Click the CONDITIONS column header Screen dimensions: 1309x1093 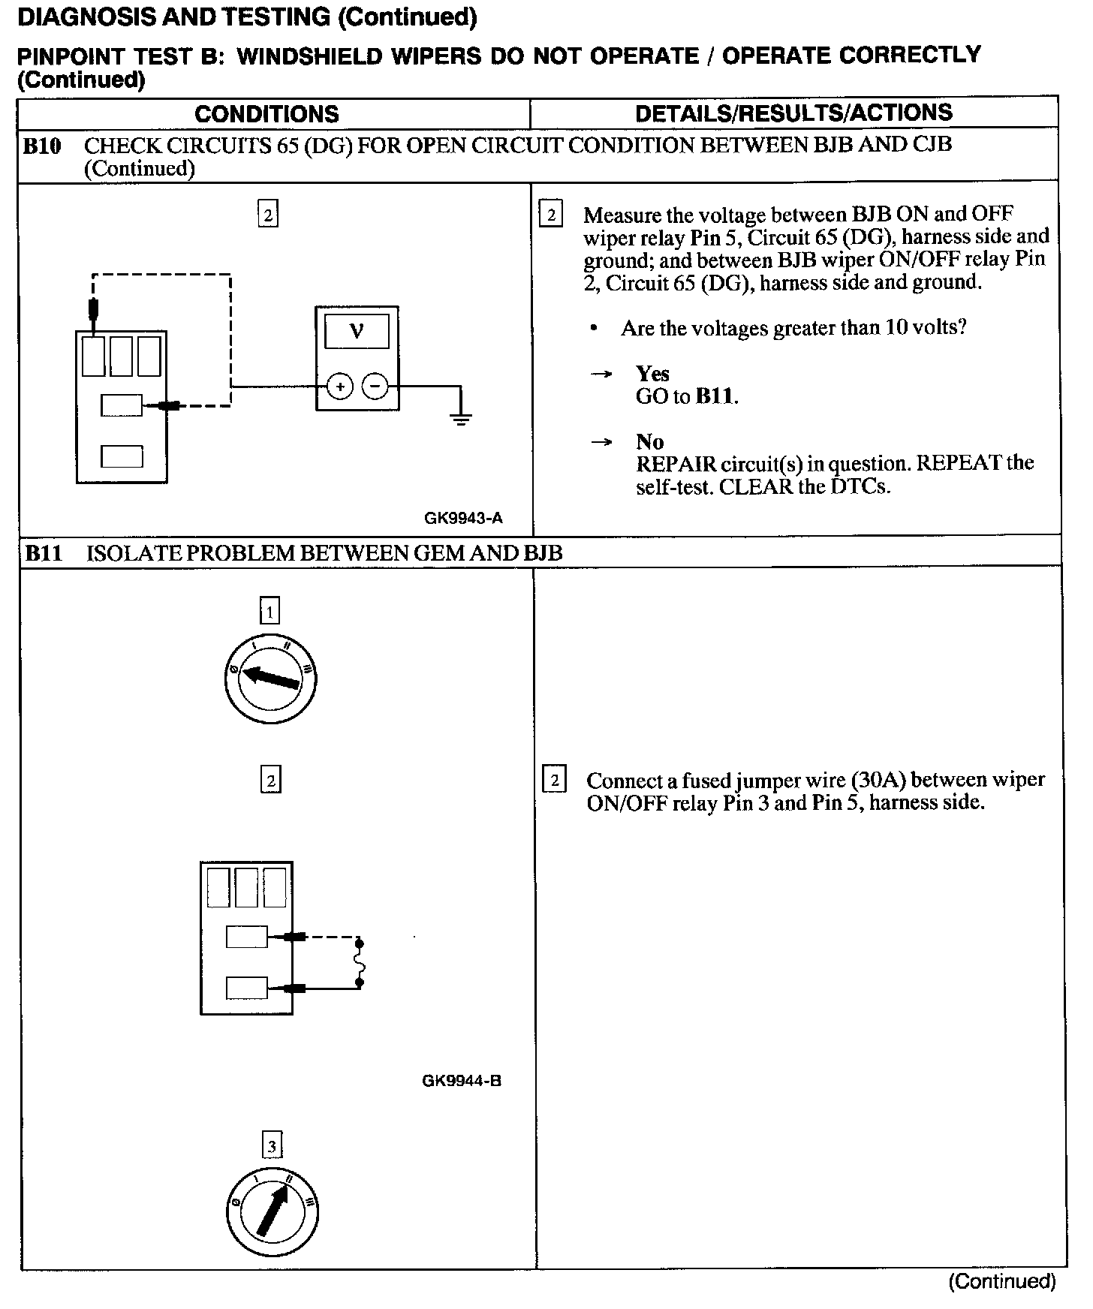pyautogui.click(x=266, y=114)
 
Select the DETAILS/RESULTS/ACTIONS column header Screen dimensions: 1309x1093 pyautogui.click(x=793, y=113)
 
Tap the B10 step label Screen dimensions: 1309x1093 pyautogui.click(x=42, y=146)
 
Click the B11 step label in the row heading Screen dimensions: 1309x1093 pyautogui.click(x=44, y=554)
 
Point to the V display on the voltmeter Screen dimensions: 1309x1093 pyautogui.click(x=357, y=331)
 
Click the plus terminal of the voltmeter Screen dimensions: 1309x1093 pyautogui.click(x=340, y=387)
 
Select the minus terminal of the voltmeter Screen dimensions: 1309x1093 pyautogui.click(x=375, y=387)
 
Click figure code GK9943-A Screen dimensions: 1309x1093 pyautogui.click(x=463, y=518)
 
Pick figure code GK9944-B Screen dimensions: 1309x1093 pyautogui.click(x=462, y=1081)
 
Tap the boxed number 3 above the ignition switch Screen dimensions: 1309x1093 pyautogui.click(x=271, y=1146)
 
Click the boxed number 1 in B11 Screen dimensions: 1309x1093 pyautogui.click(x=269, y=611)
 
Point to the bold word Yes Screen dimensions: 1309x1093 pyautogui.click(x=652, y=374)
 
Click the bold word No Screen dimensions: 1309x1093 pyautogui.click(x=649, y=441)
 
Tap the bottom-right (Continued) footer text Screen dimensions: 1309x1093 pyautogui.click(x=1001, y=1281)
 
